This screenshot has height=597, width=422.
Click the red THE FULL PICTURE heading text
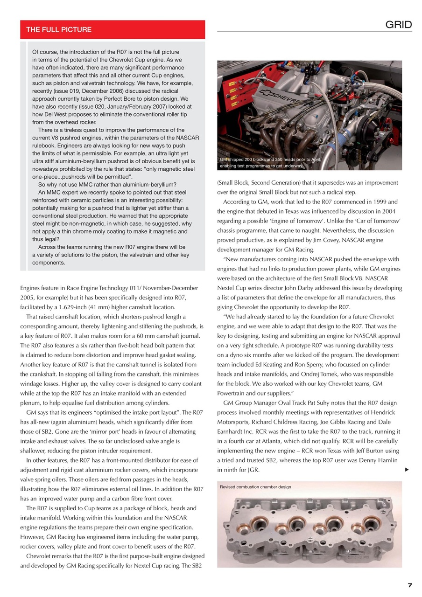(59, 30)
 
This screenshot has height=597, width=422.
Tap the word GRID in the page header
(398, 25)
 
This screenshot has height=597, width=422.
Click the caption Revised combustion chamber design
(255, 487)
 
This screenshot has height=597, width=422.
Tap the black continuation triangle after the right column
(407, 470)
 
